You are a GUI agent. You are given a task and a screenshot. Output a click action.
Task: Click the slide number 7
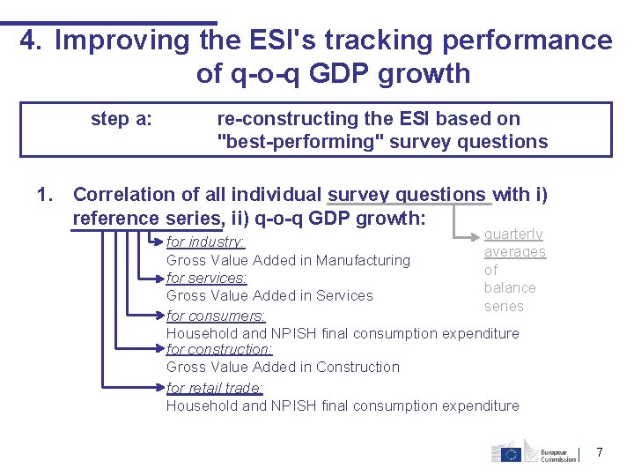(600, 452)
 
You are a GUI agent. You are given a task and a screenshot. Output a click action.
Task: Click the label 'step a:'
(121, 119)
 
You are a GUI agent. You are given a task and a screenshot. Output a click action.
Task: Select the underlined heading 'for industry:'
(206, 242)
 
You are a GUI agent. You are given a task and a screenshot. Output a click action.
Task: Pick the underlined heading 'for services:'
(206, 278)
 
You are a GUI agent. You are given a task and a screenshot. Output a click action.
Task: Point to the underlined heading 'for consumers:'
(216, 316)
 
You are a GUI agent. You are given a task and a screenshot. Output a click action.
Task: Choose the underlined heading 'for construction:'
(219, 349)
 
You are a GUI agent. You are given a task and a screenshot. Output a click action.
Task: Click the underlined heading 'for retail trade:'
(215, 388)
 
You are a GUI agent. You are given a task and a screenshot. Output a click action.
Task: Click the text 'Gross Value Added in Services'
(269, 295)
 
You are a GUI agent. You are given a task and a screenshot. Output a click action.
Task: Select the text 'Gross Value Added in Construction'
(283, 367)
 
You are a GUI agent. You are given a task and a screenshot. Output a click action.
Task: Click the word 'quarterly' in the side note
(513, 234)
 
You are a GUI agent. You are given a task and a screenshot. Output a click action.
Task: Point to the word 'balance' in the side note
(510, 287)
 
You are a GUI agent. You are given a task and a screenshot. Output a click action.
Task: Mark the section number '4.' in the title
(32, 41)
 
